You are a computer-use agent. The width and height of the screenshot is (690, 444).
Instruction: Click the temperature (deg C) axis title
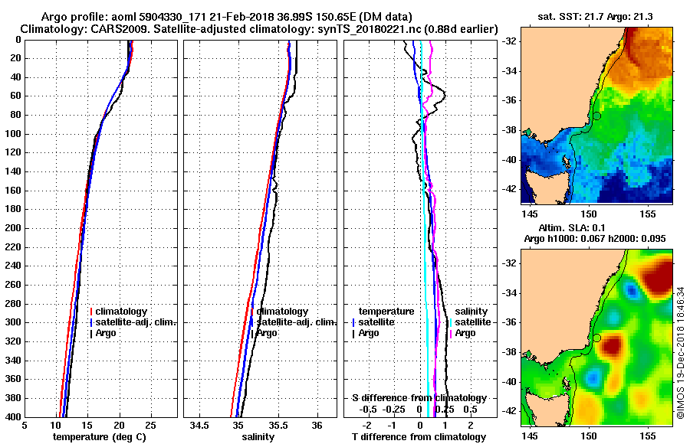click(x=99, y=437)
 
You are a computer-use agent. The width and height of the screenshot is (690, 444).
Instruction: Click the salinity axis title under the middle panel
click(x=258, y=437)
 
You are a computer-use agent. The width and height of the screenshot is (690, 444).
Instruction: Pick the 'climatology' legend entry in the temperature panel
click(x=121, y=312)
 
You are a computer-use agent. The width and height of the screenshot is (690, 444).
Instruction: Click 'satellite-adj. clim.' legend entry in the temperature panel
click(x=136, y=322)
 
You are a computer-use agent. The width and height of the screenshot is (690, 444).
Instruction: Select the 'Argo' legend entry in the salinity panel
click(x=267, y=333)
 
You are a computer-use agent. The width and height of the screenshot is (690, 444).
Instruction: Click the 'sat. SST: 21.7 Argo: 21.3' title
click(x=596, y=16)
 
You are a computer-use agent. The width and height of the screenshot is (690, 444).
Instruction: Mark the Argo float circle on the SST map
click(x=596, y=116)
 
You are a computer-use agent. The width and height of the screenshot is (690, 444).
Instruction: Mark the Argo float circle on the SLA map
click(x=596, y=338)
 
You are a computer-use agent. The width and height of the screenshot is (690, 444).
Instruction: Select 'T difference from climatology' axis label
click(x=419, y=437)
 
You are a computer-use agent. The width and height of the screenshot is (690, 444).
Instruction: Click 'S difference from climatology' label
click(x=419, y=398)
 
